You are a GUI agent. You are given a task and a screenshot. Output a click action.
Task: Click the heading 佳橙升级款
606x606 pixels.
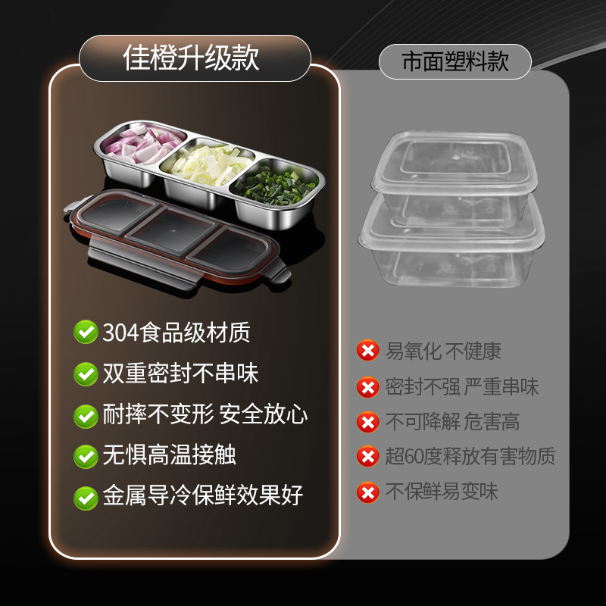click(x=191, y=58)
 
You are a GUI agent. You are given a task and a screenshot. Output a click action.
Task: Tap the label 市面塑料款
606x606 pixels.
click(x=455, y=61)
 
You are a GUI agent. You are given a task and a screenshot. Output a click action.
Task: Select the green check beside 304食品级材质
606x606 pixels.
click(x=85, y=332)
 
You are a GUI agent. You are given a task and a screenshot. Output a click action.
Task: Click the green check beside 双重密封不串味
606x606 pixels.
click(x=85, y=373)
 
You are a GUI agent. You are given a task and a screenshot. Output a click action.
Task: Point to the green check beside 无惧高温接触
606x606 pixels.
click(x=85, y=456)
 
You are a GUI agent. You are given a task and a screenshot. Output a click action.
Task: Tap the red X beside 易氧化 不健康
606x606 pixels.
click(x=367, y=351)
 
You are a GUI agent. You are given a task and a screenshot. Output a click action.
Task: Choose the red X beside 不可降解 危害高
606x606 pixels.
click(x=367, y=422)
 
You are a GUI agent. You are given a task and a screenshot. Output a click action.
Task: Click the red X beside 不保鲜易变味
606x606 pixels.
click(x=367, y=492)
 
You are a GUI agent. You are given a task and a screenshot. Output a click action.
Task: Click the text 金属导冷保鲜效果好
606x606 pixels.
click(x=203, y=496)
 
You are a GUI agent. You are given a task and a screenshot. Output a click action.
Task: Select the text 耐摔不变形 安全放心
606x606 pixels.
click(x=205, y=414)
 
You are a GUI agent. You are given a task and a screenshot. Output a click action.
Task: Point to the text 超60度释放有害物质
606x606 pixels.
click(x=470, y=457)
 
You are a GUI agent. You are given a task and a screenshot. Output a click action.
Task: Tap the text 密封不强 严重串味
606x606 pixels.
click(x=462, y=387)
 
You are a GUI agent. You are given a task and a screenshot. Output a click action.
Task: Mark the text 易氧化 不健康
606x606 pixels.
click(x=443, y=351)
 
